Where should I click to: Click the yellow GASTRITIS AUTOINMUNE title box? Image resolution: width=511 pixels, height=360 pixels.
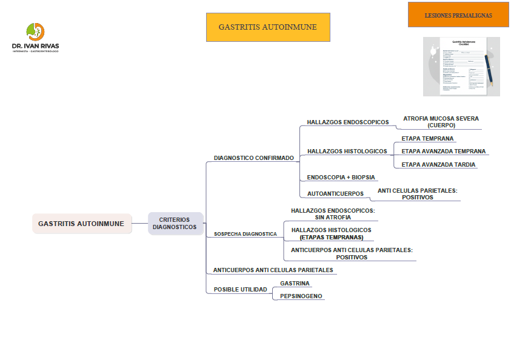click(x=268, y=27)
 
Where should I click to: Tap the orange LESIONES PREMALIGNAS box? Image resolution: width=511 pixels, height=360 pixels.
click(x=458, y=15)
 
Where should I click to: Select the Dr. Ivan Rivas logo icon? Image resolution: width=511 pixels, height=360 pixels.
click(x=35, y=32)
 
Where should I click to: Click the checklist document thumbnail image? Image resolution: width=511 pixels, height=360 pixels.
click(x=461, y=66)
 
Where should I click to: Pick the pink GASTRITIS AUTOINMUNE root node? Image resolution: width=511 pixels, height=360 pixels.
click(x=81, y=224)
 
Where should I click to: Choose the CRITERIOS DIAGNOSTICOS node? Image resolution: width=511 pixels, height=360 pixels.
click(x=175, y=224)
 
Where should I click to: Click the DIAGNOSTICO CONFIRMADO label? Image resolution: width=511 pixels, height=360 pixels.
click(x=253, y=158)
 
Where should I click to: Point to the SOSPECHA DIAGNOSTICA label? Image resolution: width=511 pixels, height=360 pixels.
click(x=245, y=234)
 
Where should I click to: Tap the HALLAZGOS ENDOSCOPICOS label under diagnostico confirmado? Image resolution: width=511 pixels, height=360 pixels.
click(x=347, y=122)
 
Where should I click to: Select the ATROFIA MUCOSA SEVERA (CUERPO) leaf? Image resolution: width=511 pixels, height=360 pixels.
click(x=441, y=122)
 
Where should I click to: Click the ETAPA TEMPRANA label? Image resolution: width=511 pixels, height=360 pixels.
click(x=427, y=139)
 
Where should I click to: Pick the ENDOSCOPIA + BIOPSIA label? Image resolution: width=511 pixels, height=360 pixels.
click(x=341, y=178)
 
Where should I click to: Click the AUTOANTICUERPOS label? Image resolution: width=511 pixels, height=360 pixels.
click(x=335, y=194)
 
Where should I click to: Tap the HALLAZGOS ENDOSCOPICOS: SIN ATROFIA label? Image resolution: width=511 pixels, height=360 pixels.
click(x=333, y=214)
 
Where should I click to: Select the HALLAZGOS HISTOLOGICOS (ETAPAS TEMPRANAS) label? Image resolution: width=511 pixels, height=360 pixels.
click(x=331, y=234)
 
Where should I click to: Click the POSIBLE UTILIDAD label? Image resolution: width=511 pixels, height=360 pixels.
click(x=240, y=290)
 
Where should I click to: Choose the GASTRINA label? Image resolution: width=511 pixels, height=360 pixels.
click(x=295, y=284)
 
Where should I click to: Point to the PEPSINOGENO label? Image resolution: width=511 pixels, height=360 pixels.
click(x=301, y=296)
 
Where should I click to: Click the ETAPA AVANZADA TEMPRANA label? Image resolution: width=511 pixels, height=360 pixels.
click(x=443, y=152)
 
